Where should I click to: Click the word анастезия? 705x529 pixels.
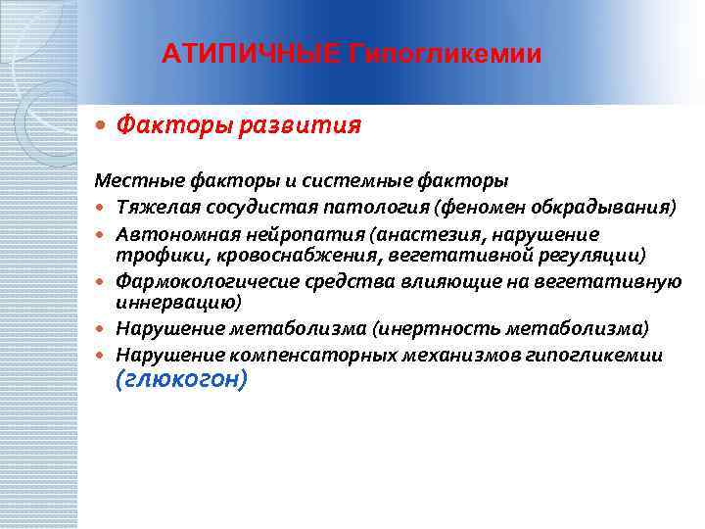pyautogui.click(x=385, y=234)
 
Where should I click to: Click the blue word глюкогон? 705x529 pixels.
pyautogui.click(x=181, y=380)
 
